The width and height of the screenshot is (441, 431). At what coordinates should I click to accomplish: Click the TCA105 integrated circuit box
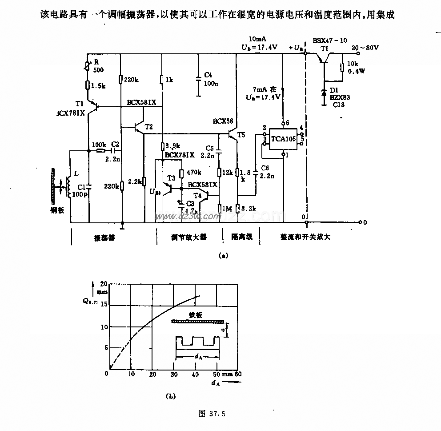pyautogui.click(x=284, y=139)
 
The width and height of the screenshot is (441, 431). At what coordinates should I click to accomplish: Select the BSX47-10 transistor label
pyautogui.click(x=329, y=40)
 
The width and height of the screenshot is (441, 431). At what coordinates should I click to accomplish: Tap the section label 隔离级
pyautogui.click(x=242, y=237)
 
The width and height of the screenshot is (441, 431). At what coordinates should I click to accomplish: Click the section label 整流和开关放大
pyautogui.click(x=306, y=237)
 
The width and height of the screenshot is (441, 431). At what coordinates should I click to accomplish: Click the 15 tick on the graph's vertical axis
pyautogui.click(x=104, y=305)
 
